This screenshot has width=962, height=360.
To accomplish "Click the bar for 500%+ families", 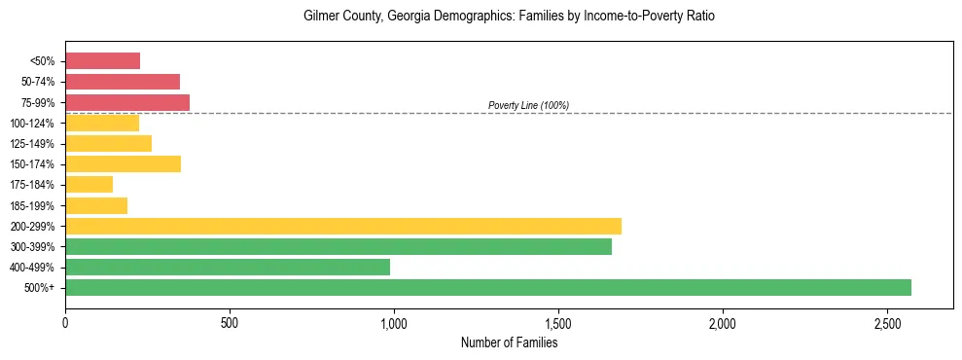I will pyautogui.click(x=488, y=287).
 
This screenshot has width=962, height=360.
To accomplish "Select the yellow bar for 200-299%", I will pyautogui.click(x=343, y=226).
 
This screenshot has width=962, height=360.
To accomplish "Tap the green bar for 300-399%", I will pyautogui.click(x=338, y=246).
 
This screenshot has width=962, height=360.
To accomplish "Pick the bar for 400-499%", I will pyautogui.click(x=228, y=267).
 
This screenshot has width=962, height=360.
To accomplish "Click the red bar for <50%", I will pyautogui.click(x=102, y=61).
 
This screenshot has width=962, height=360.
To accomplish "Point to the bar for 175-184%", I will pyautogui.click(x=89, y=184).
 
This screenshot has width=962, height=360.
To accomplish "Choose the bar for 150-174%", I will pyautogui.click(x=123, y=163).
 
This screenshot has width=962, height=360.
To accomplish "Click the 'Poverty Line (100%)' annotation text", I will pyautogui.click(x=528, y=105).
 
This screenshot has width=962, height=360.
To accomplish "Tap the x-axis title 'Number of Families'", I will pyautogui.click(x=509, y=342).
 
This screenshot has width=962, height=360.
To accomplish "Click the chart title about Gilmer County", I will pyautogui.click(x=509, y=17).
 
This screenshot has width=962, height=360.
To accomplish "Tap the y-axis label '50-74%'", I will pyautogui.click(x=38, y=82).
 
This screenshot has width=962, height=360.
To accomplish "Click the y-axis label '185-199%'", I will pyautogui.click(x=35, y=205).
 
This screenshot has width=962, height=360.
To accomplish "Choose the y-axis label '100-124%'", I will pyautogui.click(x=35, y=123).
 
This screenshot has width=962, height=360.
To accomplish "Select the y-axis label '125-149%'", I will pyautogui.click(x=35, y=143).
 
